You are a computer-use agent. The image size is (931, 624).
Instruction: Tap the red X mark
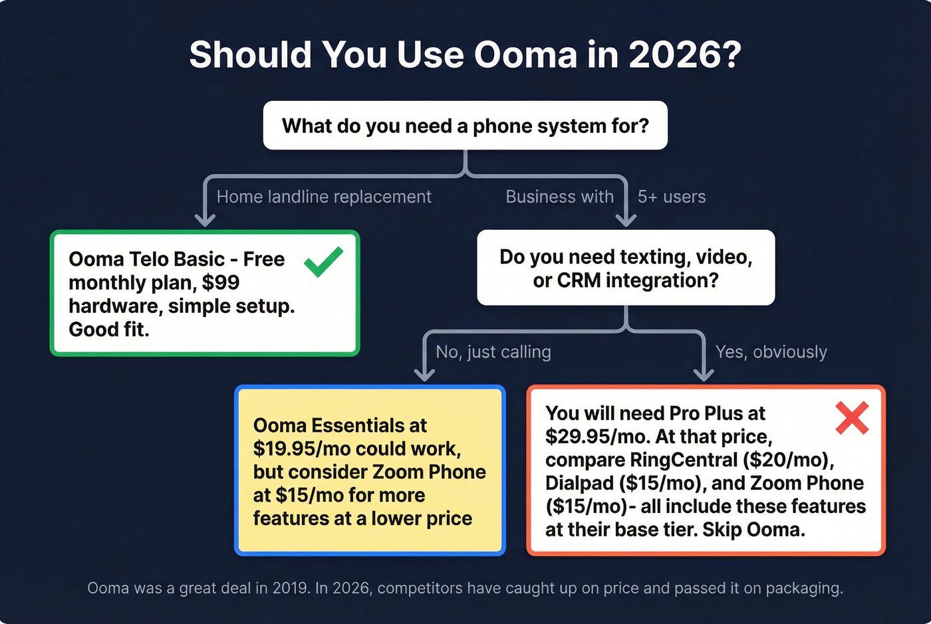coord(852,418)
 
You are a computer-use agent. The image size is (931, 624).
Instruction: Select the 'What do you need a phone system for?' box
coord(465,126)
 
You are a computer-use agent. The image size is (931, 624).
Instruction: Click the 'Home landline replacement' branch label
coord(324,197)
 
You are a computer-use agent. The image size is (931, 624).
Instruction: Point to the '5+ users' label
coord(672,197)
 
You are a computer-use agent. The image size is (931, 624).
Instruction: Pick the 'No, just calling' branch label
coord(493,352)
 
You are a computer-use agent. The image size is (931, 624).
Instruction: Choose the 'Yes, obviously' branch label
coord(771,352)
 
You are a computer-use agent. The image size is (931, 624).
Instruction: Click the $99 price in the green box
coord(221,283)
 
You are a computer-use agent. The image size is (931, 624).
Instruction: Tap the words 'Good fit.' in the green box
coord(109,330)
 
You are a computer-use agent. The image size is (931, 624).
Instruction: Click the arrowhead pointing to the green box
coord(204,219)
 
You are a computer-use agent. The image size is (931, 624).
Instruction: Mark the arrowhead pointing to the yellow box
coord(424,374)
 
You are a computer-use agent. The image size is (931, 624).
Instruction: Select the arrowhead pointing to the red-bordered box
coord(704,374)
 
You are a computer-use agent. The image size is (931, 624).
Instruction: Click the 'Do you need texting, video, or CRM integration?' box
coord(626,268)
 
